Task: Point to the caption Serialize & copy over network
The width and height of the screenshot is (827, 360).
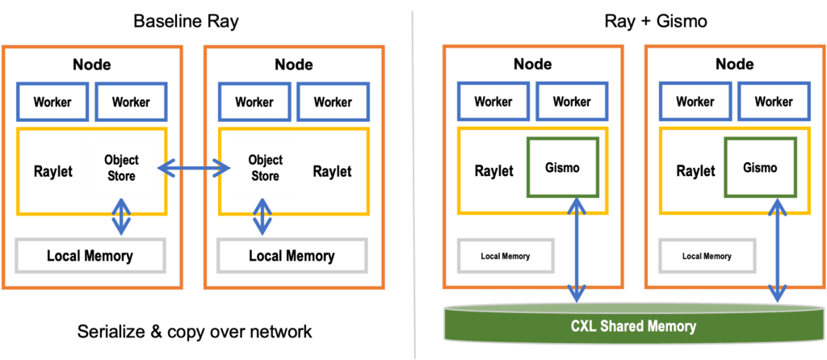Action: (x=195, y=332)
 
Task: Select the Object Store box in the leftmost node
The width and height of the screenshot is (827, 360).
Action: (x=121, y=166)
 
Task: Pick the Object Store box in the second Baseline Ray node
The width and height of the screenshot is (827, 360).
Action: (x=266, y=166)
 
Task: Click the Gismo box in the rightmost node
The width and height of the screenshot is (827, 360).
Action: (x=761, y=168)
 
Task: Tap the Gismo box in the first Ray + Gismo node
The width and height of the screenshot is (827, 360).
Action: (x=562, y=168)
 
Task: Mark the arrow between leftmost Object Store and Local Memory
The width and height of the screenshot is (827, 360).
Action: (x=121, y=216)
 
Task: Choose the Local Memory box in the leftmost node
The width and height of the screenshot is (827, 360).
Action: (x=90, y=257)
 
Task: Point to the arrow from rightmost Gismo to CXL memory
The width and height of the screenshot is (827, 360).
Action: (x=778, y=250)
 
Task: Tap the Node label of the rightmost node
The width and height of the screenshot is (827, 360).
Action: (x=736, y=65)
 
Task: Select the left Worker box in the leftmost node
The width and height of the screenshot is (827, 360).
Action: (x=52, y=103)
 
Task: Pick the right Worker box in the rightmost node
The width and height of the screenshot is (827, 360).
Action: (x=775, y=103)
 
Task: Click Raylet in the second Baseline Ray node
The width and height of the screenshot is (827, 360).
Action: (x=332, y=170)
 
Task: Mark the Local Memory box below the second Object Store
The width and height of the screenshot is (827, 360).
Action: (x=292, y=257)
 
